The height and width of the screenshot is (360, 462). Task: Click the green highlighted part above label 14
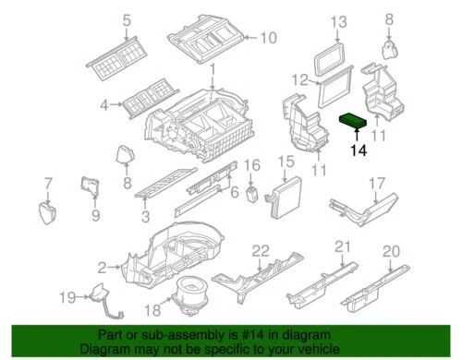pos(357,120)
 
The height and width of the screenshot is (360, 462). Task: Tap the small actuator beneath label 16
pos(248,191)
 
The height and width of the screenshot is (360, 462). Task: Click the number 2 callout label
pos(103,267)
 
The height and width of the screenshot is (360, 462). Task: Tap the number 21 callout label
pos(343,246)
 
